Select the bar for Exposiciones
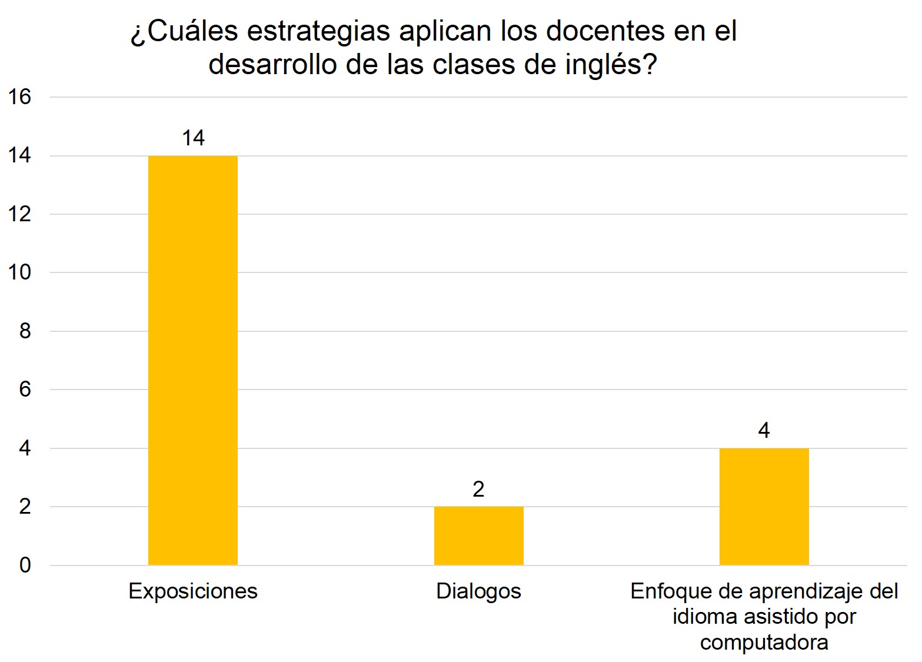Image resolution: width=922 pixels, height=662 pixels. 193,360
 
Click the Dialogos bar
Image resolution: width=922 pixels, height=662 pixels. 478,535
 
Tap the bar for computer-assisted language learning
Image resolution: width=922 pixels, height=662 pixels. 764,506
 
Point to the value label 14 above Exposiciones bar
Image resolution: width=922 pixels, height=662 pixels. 193,138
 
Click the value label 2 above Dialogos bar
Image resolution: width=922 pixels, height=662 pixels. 478,489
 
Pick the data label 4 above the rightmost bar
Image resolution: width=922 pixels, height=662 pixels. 764,431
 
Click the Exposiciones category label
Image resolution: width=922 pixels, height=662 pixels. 193,591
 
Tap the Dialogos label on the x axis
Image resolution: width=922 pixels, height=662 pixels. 478,591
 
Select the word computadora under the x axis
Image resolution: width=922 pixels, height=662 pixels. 764,642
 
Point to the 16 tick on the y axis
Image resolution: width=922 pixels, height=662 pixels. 19,97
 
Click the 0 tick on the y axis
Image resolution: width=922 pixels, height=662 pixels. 25,565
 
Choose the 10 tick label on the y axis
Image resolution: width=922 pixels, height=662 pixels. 19,272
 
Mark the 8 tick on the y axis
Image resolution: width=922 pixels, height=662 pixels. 25,331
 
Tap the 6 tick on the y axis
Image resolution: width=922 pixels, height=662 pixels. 25,390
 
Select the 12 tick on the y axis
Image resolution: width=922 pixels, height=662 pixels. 19,214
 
